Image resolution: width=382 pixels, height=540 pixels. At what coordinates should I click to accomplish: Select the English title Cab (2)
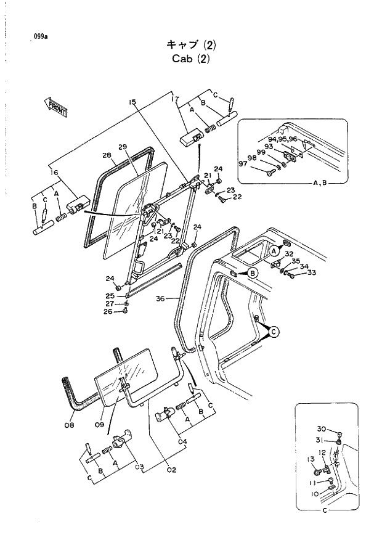pyautogui.click(x=190, y=59)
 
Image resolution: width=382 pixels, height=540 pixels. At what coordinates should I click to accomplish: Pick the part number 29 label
pyautogui.click(x=122, y=147)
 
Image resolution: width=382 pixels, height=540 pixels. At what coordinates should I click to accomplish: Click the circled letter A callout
pyautogui.click(x=273, y=251)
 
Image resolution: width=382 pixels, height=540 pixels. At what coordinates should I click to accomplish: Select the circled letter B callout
pyautogui.click(x=253, y=274)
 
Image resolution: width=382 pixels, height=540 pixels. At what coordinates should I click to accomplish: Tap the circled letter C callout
pyautogui.click(x=274, y=332)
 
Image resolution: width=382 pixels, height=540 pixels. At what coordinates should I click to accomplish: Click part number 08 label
pyautogui.click(x=69, y=425)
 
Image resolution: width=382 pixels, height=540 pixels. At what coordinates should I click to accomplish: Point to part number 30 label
pyautogui.click(x=321, y=430)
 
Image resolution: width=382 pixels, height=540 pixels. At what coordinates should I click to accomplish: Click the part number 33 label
pyautogui.click(x=311, y=273)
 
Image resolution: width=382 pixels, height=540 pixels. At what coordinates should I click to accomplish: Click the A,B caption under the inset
pyautogui.click(x=320, y=183)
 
